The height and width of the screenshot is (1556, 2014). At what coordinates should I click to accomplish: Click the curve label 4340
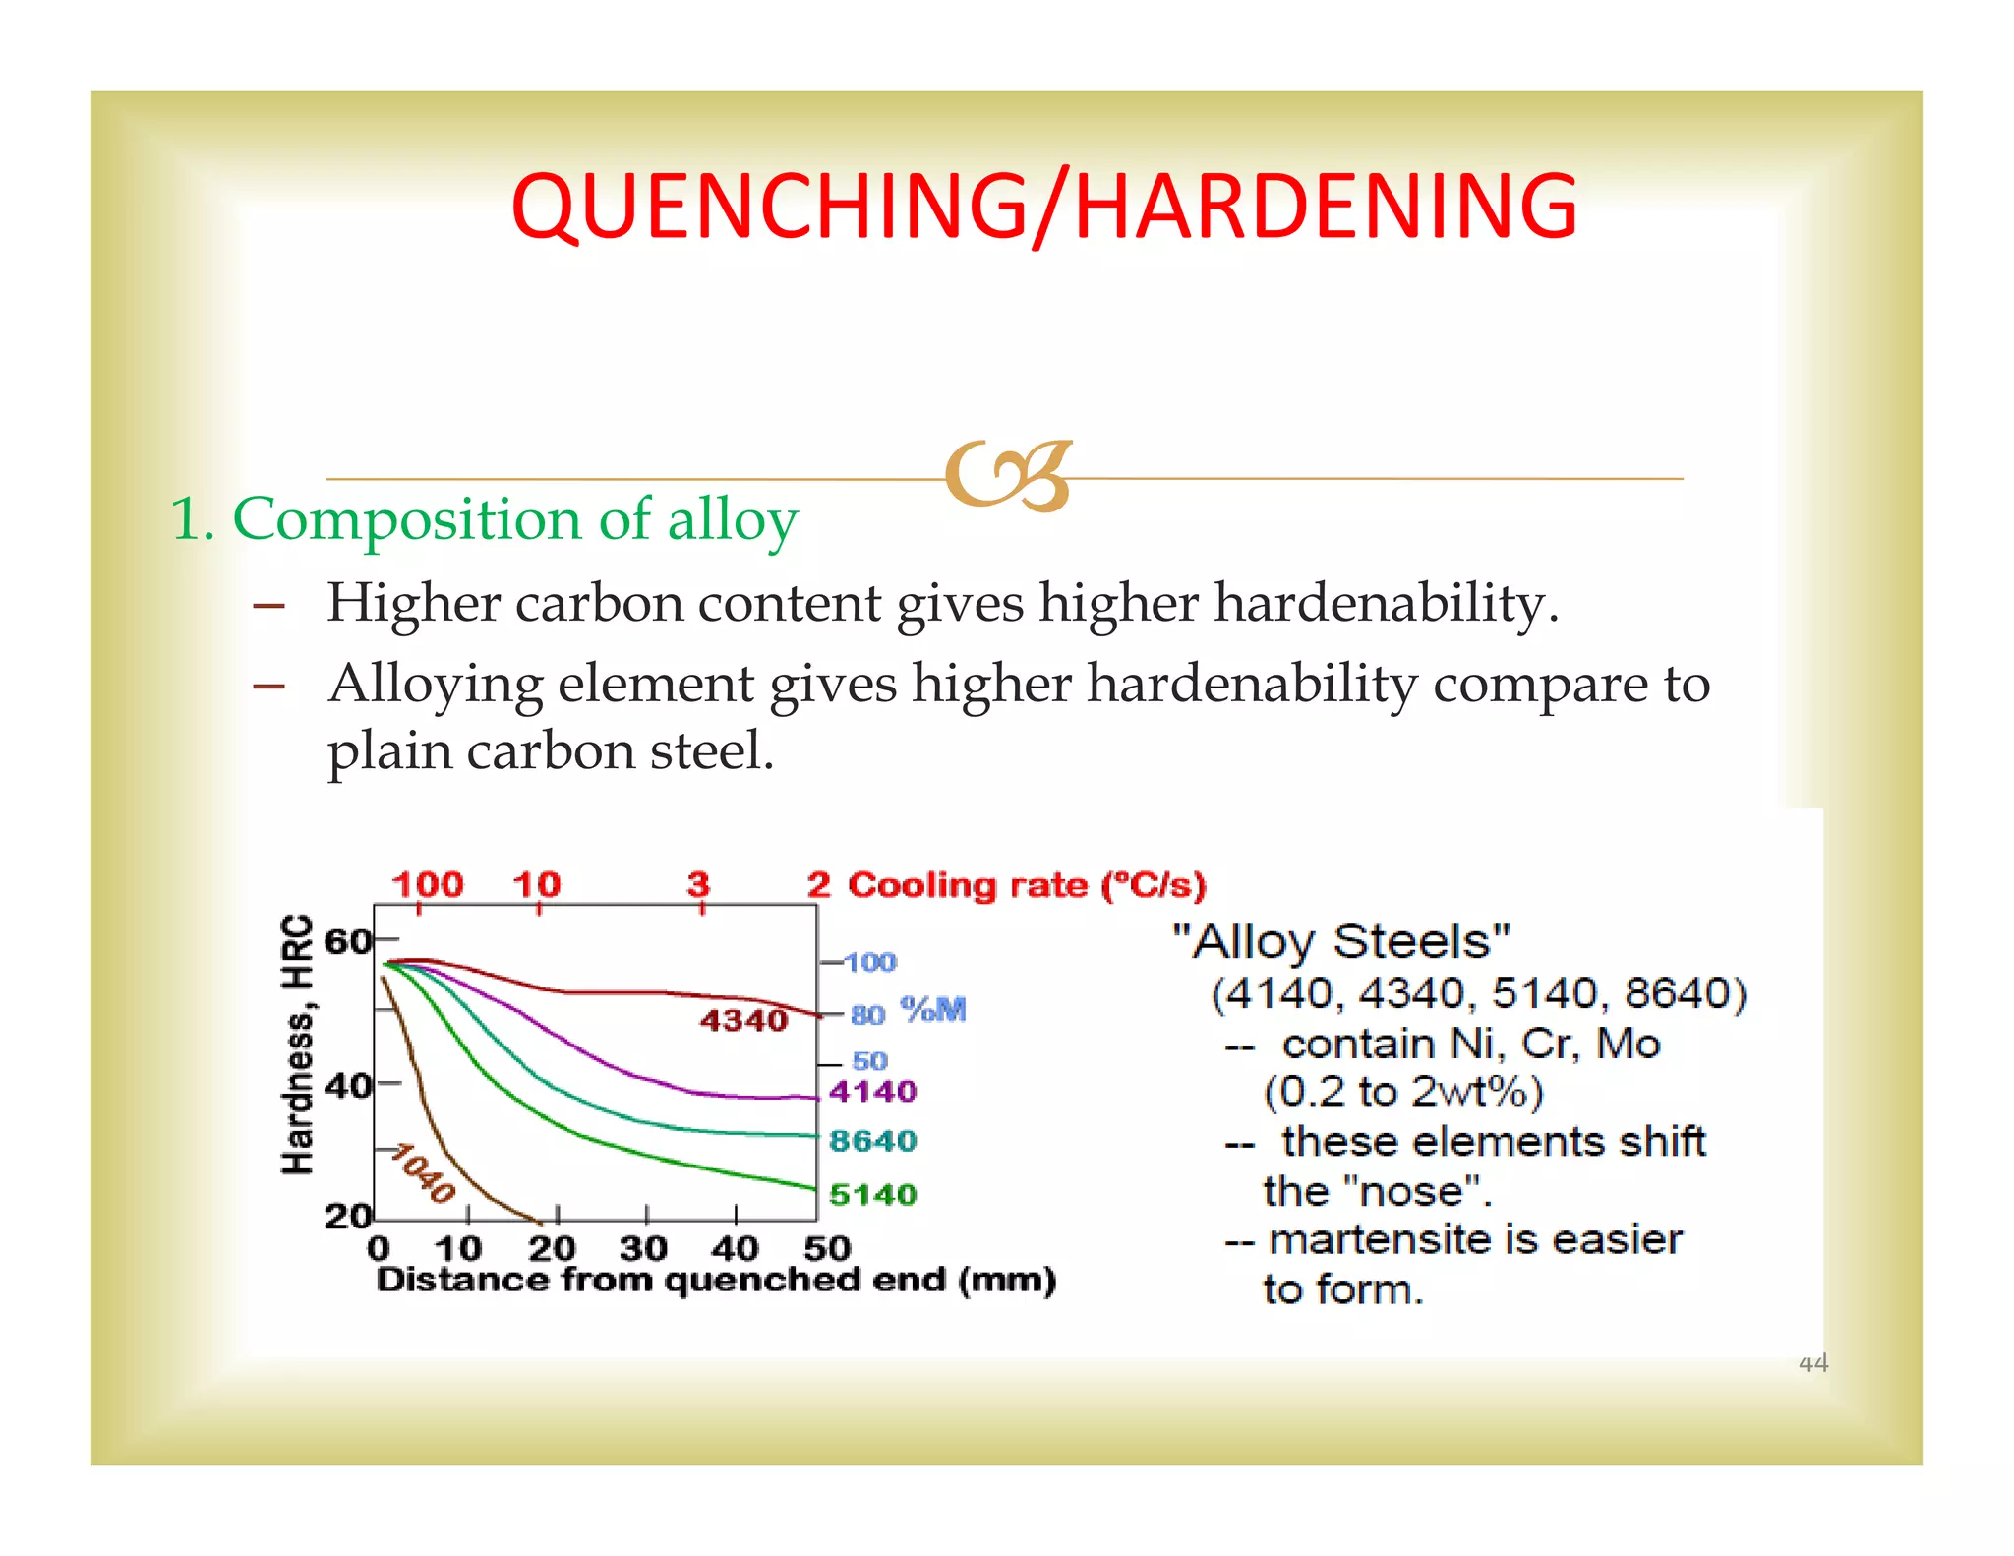743,1021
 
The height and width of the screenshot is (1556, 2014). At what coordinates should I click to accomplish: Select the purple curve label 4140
872,1091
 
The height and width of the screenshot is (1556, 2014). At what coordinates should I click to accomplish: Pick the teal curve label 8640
872,1141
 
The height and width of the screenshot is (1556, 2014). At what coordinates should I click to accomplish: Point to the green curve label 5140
872,1194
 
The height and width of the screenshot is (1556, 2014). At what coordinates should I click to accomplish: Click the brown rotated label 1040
423,1174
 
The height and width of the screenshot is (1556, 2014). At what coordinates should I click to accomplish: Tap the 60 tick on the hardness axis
347,941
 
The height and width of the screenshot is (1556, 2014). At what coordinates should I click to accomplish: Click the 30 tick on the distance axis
643,1249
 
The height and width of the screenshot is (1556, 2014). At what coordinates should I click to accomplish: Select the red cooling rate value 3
698,884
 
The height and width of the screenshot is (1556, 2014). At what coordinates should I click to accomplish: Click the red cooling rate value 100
428,884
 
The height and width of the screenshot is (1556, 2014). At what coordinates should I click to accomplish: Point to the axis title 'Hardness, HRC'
297,1045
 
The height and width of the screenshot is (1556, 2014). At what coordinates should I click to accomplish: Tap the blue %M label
933,1010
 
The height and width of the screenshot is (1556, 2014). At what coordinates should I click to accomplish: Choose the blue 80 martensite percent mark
867,1015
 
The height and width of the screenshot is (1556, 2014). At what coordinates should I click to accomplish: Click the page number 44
1812,1363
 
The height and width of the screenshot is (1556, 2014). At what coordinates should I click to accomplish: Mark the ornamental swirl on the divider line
1007,477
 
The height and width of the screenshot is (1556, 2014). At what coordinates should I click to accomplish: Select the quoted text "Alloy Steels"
1341,941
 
